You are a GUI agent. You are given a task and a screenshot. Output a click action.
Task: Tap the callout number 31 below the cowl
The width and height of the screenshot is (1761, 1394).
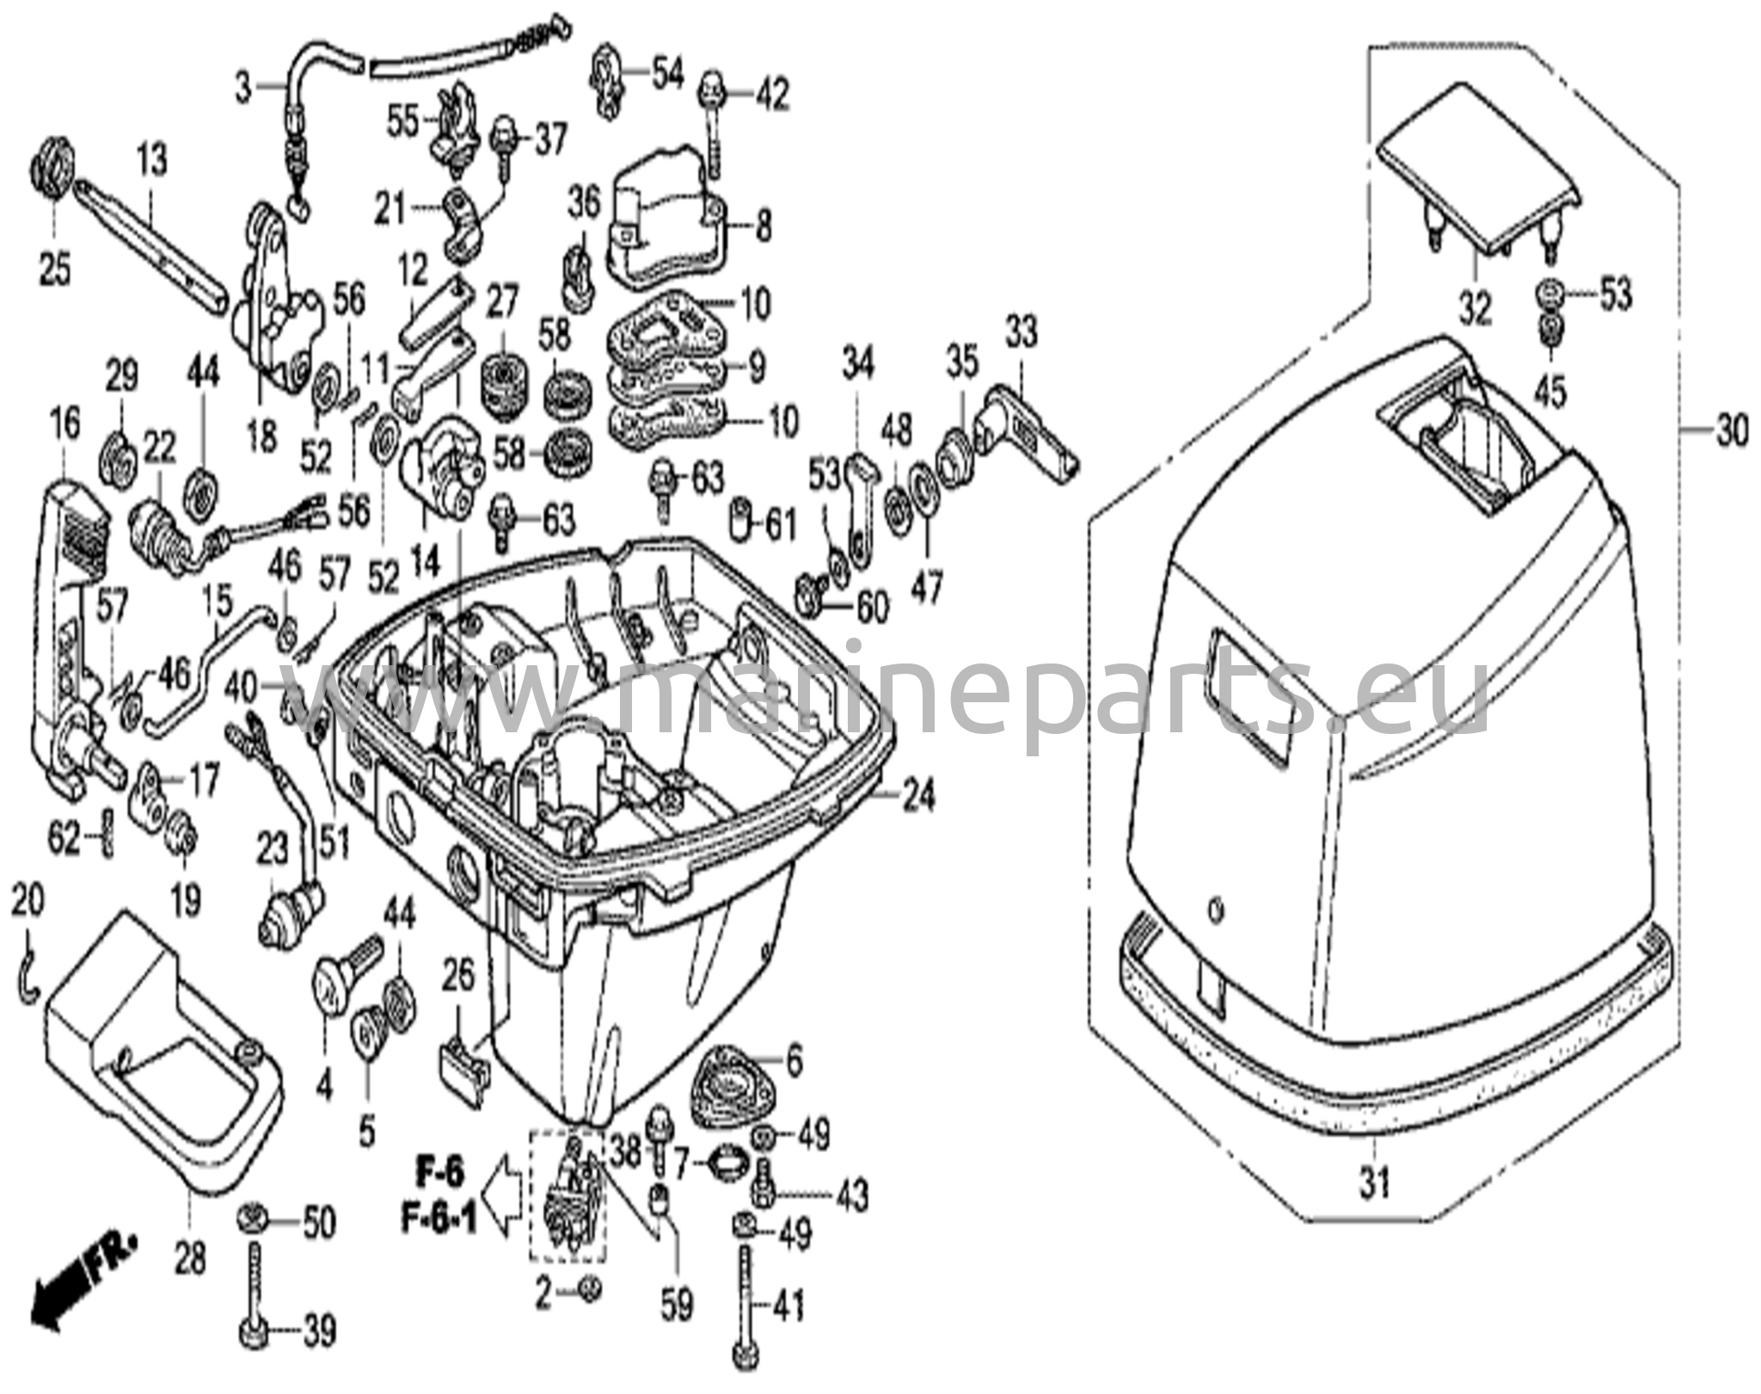pyautogui.click(x=1374, y=1185)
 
